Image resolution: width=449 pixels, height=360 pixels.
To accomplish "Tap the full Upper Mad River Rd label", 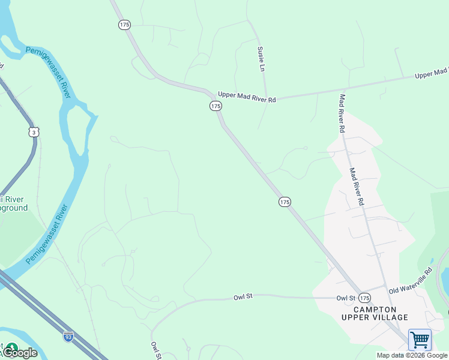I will tap(247, 96).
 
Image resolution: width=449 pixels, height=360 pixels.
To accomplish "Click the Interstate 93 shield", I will tap(68, 336).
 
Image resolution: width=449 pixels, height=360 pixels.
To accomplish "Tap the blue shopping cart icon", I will tap(420, 340).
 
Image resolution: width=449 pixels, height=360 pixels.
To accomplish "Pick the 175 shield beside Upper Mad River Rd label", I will tap(215, 106).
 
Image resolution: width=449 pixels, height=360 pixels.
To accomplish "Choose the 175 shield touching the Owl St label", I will tap(365, 298).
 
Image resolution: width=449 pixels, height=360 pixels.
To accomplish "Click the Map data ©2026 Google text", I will tap(412, 355).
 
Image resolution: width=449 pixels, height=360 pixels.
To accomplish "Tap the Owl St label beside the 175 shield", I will tap(346, 298).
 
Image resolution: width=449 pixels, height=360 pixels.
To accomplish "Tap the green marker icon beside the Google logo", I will tap(11, 347).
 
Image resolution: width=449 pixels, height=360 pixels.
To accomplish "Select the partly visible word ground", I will tap(14, 208).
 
